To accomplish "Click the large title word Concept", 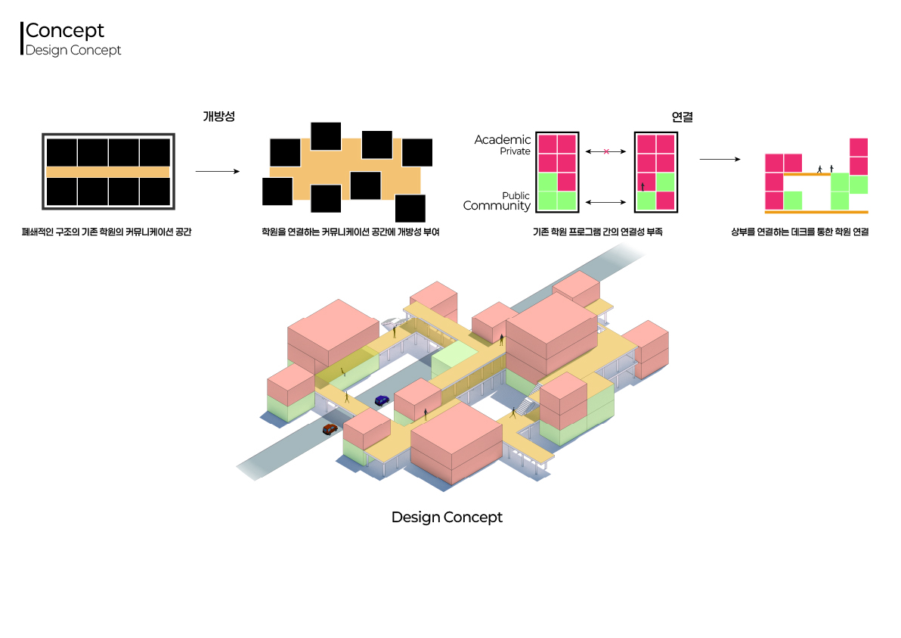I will pyautogui.click(x=65, y=31).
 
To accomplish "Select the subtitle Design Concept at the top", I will pyautogui.click(x=73, y=51).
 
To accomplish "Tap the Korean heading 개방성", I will pyautogui.click(x=218, y=117).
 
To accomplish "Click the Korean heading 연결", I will pyautogui.click(x=682, y=117).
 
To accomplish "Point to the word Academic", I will pyautogui.click(x=503, y=140).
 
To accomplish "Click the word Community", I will pyautogui.click(x=497, y=206).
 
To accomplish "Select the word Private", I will pyautogui.click(x=515, y=151).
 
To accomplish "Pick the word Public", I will pyautogui.click(x=516, y=195).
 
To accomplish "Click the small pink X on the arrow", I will pyautogui.click(x=606, y=152).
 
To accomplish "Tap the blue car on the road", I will pyautogui.click(x=382, y=400).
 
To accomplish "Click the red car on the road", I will pyautogui.click(x=330, y=428).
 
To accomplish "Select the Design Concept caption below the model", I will pyautogui.click(x=447, y=518).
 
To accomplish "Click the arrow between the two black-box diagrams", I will pyautogui.click(x=217, y=172).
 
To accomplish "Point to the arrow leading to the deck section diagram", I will pyautogui.click(x=719, y=160).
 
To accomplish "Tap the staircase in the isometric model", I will pyautogui.click(x=529, y=399).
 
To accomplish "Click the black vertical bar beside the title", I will pyautogui.click(x=22, y=38).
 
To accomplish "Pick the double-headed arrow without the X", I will pyautogui.click(x=606, y=202).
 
